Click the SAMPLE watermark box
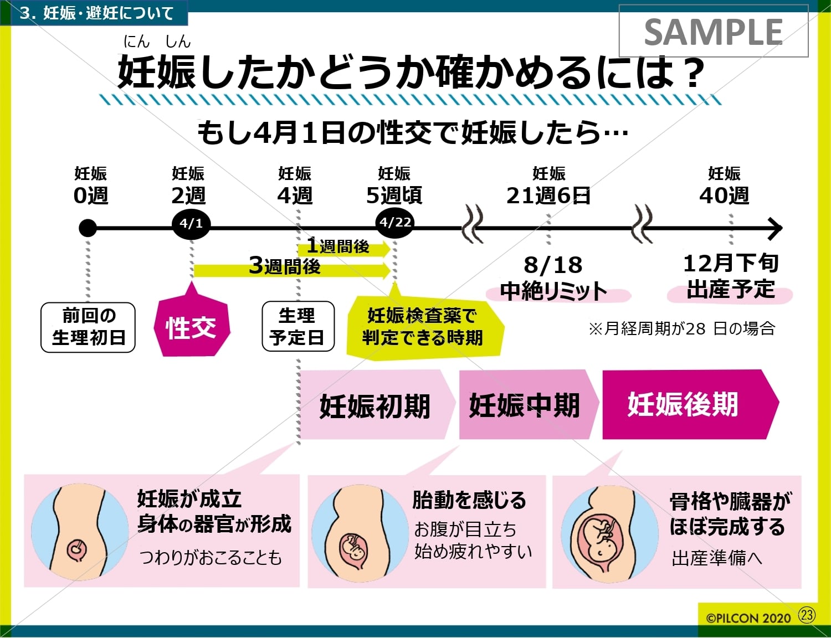713,31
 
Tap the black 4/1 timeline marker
191,224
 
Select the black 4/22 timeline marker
395,223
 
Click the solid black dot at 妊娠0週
88,228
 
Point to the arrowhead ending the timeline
776,228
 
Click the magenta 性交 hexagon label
191,327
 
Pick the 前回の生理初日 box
88,327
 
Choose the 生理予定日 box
297,326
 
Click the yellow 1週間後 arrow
343,248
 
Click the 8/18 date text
553,265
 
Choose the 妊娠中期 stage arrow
525,405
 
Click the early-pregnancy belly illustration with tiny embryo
79,532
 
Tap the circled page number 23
807,615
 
